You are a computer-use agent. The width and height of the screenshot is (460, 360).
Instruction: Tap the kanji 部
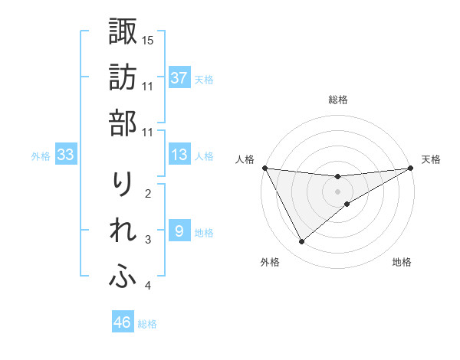point(123,123)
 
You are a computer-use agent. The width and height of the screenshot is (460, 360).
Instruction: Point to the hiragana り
point(123,185)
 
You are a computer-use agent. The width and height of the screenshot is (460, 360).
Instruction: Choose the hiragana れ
point(123,232)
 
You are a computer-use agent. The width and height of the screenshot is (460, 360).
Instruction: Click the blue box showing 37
point(179,78)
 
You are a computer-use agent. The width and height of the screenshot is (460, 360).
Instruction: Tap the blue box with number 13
point(179,155)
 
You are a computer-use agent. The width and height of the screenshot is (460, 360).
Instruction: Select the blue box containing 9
point(179,231)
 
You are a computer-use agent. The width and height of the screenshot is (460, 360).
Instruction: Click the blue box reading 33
point(66,155)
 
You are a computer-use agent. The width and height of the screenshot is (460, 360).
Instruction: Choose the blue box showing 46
point(123,322)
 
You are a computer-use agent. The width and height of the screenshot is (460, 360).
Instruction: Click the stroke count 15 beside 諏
point(149,39)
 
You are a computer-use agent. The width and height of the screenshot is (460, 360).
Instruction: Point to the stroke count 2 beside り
point(148,193)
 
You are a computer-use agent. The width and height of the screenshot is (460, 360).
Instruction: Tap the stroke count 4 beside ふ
point(148,286)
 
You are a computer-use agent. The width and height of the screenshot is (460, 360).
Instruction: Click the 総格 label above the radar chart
point(337,100)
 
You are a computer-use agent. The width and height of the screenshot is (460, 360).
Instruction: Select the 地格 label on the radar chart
point(402,262)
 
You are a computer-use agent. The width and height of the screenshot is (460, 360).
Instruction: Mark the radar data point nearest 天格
point(411,168)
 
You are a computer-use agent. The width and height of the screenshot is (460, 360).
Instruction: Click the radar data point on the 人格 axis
point(264,168)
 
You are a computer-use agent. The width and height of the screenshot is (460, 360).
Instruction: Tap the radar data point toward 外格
point(301,242)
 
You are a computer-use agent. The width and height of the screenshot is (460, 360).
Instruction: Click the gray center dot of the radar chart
point(337,191)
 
